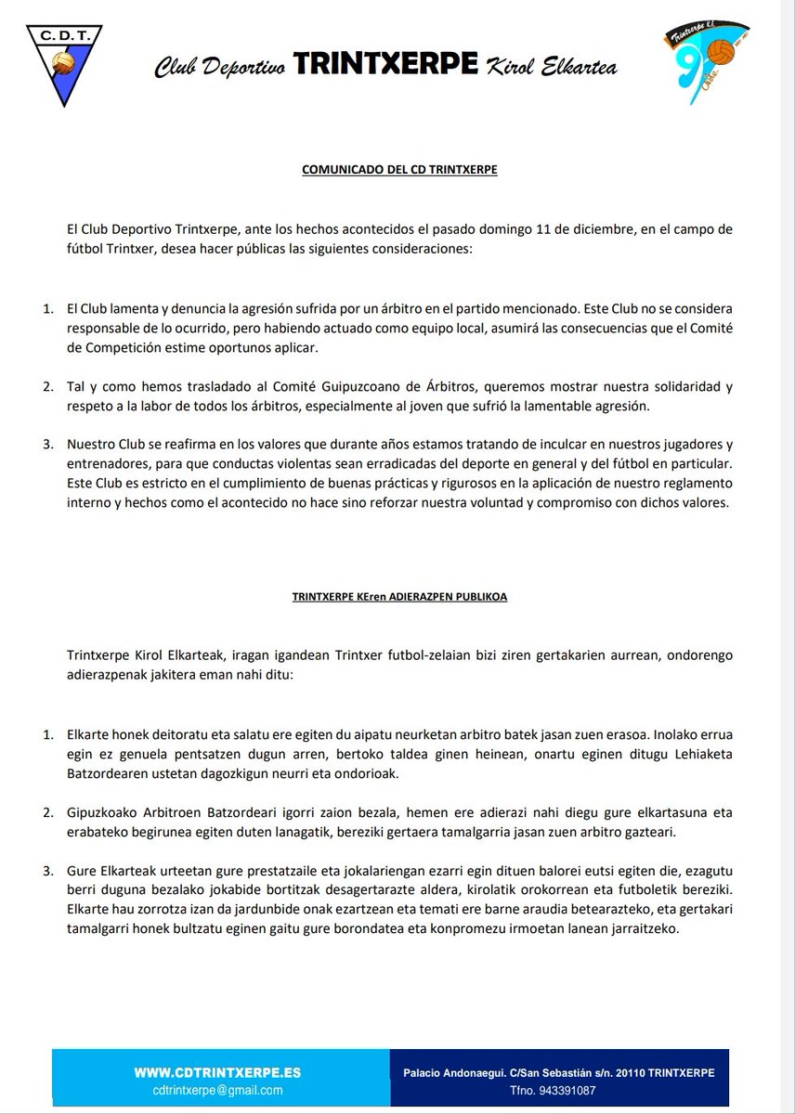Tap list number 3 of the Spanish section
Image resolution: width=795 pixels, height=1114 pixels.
(49, 443)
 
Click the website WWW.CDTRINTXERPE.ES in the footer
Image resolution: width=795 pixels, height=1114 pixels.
(217, 1071)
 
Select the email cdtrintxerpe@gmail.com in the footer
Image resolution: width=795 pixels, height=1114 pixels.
(217, 1090)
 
